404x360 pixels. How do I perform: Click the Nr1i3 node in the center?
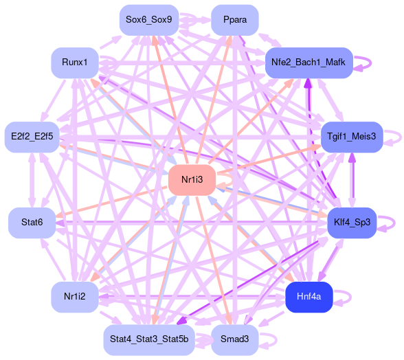tap(192, 180)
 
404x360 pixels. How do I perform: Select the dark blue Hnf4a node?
tap(309, 297)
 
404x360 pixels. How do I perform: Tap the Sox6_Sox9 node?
tap(149, 20)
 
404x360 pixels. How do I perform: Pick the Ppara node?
tap(235, 20)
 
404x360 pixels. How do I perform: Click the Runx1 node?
tap(75, 63)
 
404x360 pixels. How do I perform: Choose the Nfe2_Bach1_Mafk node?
tap(308, 63)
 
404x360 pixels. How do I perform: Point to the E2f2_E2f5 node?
tap(32, 137)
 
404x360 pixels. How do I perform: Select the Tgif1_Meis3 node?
tap(352, 137)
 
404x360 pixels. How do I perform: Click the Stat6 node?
tap(32, 223)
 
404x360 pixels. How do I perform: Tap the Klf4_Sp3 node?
tap(352, 223)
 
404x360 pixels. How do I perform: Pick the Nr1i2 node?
tap(75, 297)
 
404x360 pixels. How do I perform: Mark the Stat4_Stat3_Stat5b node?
tap(149, 339)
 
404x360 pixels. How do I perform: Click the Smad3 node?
tap(235, 339)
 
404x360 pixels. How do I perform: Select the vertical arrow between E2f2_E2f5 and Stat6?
tap(32, 180)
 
